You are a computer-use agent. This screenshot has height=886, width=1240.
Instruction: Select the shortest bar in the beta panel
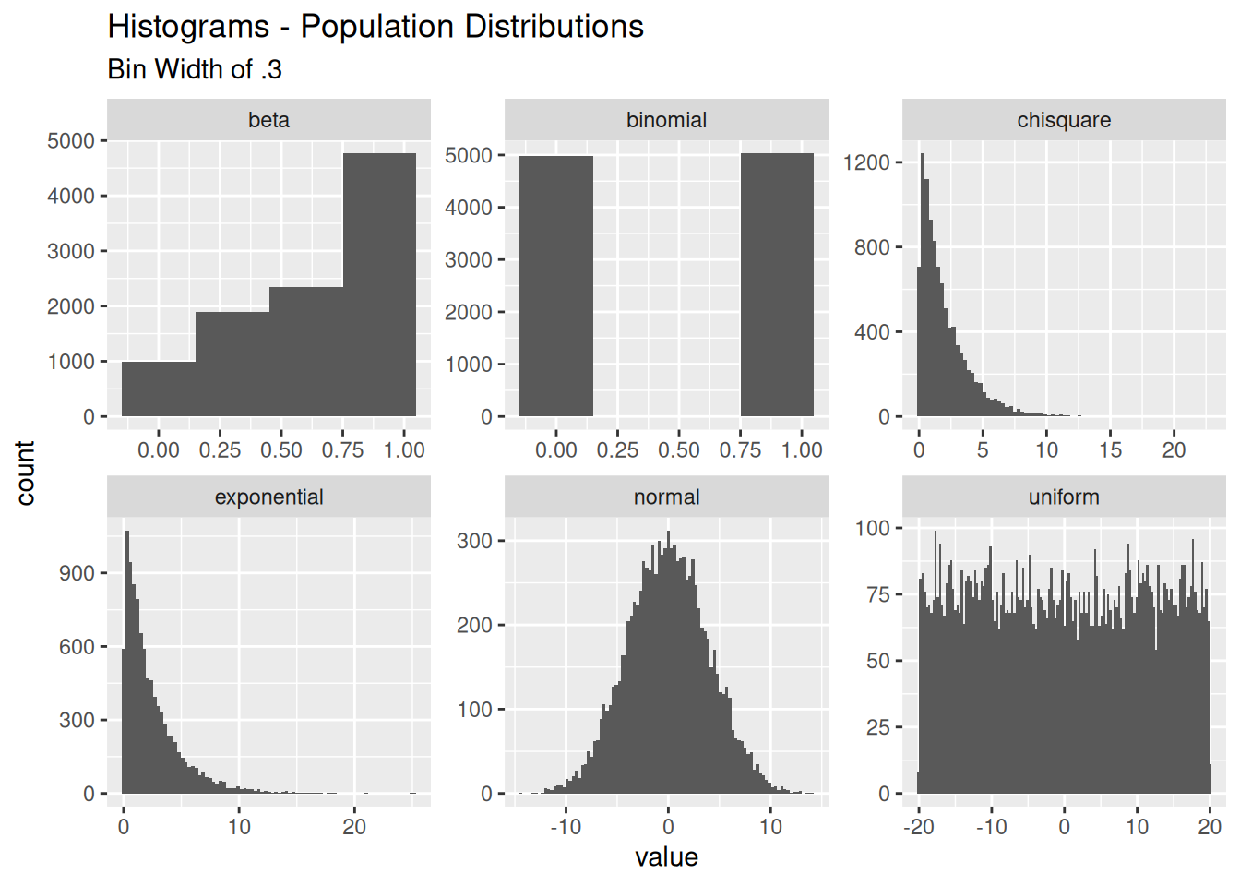pos(159,389)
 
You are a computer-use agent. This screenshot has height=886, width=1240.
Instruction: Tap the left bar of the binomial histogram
pos(556,286)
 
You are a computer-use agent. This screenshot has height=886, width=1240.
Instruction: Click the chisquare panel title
pos(1064,121)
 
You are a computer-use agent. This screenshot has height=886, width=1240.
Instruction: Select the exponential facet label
pos(268,497)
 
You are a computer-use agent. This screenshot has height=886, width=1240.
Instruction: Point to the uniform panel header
pos(1064,497)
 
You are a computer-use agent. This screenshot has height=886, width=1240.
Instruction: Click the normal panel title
pos(666,497)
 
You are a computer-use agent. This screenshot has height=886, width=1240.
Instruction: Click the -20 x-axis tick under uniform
pos(918,827)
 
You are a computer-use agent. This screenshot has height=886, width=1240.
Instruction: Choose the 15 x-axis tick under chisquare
pos(1110,450)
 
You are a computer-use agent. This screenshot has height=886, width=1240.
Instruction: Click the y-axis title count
pos(25,473)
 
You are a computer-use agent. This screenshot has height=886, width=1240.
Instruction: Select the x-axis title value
pos(666,857)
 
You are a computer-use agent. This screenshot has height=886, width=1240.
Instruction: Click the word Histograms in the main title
pos(188,27)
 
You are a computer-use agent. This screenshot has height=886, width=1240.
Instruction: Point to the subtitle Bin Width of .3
pos(195,69)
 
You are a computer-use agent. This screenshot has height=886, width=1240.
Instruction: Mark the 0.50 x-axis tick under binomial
pos(678,450)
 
